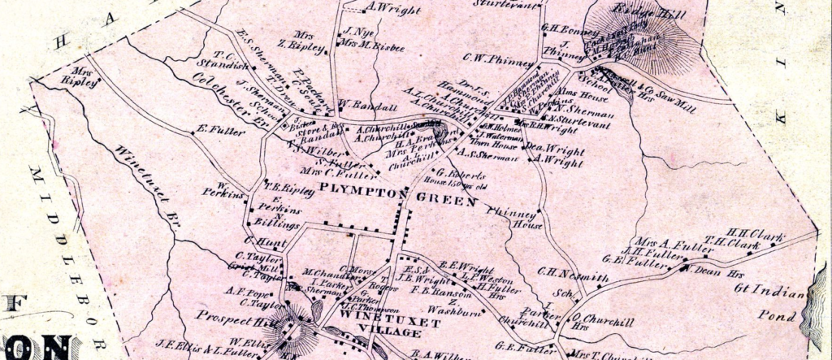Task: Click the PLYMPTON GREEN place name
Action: click(397, 194)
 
